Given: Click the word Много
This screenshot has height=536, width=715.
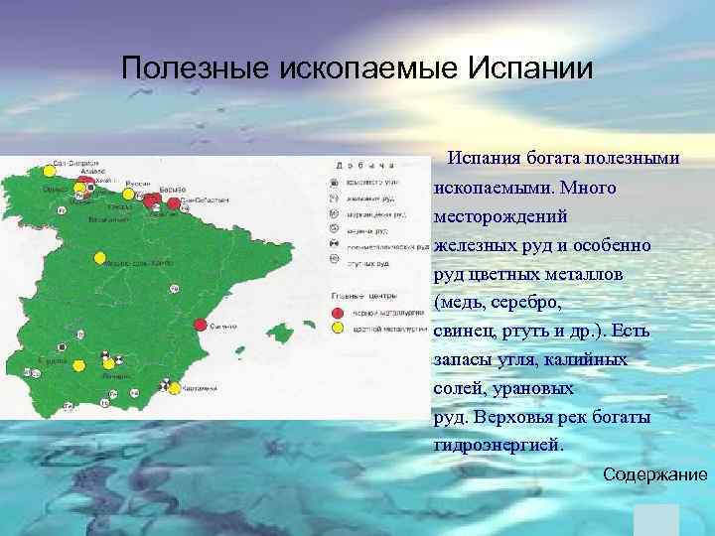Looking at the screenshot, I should (x=588, y=187).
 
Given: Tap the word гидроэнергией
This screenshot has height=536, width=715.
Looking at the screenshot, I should (x=498, y=446).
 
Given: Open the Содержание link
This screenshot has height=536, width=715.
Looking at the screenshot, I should (x=655, y=474).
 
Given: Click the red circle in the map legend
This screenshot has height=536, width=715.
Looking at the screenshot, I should (x=337, y=312).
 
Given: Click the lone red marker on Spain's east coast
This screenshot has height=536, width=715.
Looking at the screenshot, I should (x=201, y=325).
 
